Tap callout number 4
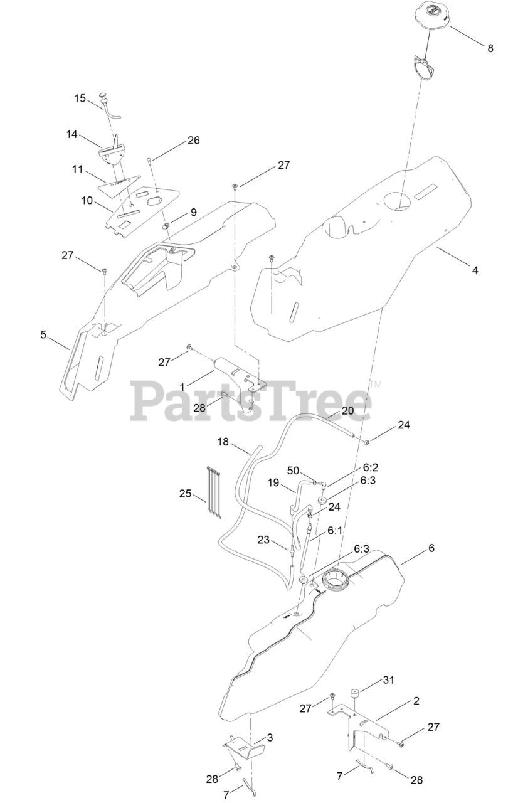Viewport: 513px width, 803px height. click(475, 270)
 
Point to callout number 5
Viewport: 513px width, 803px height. click(43, 335)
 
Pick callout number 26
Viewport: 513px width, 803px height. click(176, 141)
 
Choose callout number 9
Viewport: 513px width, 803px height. click(193, 213)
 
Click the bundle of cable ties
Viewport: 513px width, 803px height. click(214, 492)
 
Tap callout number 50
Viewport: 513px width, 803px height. click(293, 471)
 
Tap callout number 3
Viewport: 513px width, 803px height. click(270, 738)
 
